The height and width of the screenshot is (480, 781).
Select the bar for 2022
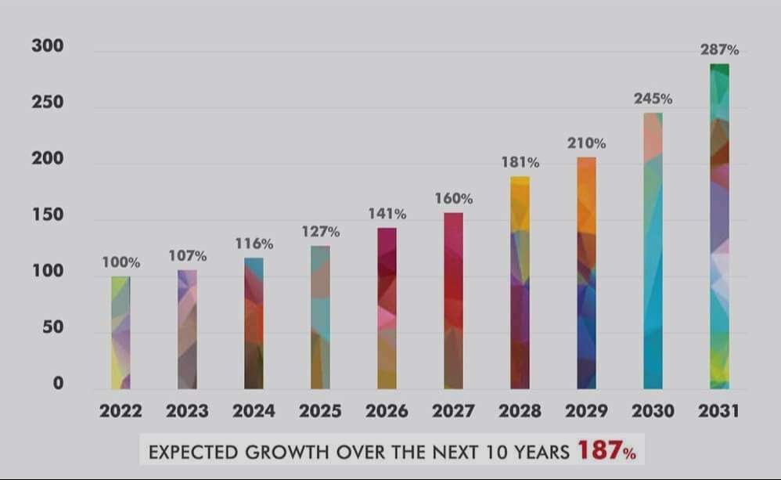point(121,333)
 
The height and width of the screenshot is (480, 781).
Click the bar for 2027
point(453,301)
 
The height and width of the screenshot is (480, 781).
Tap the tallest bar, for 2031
point(719,227)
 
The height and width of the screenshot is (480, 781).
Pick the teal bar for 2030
point(653,251)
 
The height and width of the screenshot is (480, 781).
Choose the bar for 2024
point(254,323)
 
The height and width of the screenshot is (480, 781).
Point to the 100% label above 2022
point(121,262)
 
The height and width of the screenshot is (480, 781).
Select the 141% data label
point(387,214)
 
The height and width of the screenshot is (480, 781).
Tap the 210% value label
point(587,143)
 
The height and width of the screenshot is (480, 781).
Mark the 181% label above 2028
point(520,163)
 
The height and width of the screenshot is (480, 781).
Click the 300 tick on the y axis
point(48,46)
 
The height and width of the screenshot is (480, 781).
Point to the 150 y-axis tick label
point(48,215)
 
